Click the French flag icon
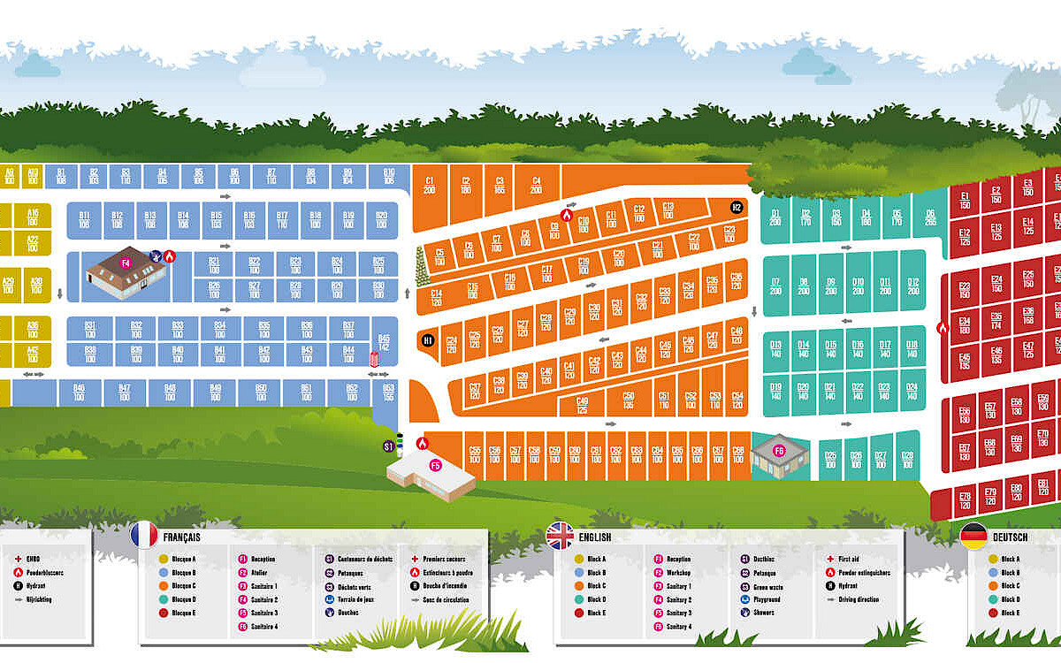(x=144, y=535)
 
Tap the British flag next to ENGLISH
(x=561, y=535)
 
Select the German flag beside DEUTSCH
(x=973, y=535)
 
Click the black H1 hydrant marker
(x=428, y=339)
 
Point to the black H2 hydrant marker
(x=737, y=207)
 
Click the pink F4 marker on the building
(x=126, y=263)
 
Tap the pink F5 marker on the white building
(x=435, y=465)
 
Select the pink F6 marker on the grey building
(x=779, y=451)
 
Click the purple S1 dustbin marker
(x=388, y=446)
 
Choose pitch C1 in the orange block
(x=430, y=185)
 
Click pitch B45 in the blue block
(x=384, y=342)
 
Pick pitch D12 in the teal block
(x=913, y=286)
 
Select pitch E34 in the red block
(x=965, y=325)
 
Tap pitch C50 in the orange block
(x=629, y=400)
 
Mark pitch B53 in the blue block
(x=388, y=392)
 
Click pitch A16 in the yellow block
(x=33, y=217)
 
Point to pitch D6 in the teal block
(x=930, y=217)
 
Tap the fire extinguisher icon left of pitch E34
(x=942, y=327)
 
